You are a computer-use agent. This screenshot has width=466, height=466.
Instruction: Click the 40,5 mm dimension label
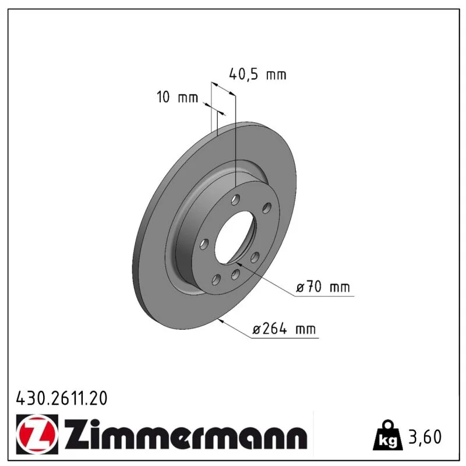tap(257, 75)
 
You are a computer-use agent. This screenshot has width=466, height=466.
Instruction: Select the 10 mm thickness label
tap(177, 97)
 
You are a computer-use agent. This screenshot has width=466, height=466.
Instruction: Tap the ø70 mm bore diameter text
tap(323, 287)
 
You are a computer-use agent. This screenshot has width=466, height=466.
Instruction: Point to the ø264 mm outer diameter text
tap(284, 329)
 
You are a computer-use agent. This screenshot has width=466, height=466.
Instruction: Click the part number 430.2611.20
tap(62, 398)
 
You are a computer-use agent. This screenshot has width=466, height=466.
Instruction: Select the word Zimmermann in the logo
tap(185, 435)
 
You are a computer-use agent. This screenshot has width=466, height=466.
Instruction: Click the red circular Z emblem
tap(37, 434)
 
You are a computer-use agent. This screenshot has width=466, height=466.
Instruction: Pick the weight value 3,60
tap(425, 437)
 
